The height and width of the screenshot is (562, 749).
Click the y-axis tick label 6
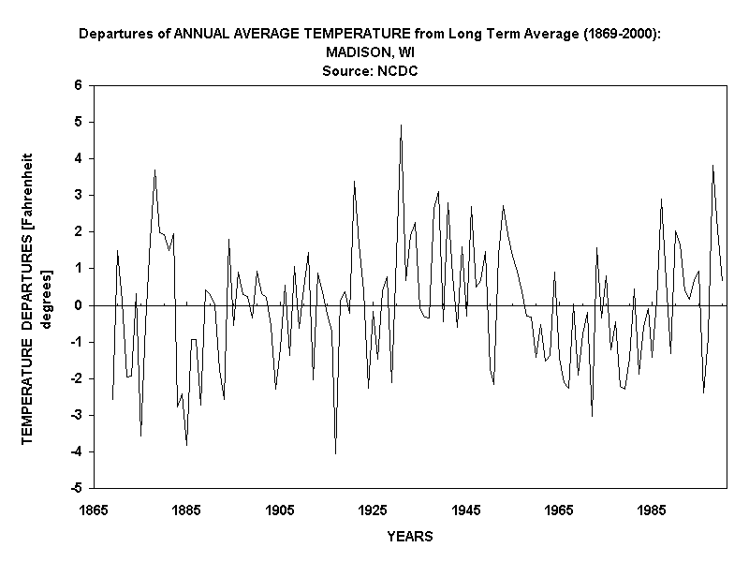(x=79, y=85)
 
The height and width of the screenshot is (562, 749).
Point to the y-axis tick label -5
(x=77, y=488)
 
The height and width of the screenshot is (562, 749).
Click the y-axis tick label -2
(x=77, y=378)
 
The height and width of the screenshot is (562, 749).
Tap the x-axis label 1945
(x=466, y=510)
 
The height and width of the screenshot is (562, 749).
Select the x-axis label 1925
(x=373, y=510)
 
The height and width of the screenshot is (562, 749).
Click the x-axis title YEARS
(x=409, y=537)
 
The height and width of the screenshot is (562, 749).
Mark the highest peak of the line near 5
(x=401, y=126)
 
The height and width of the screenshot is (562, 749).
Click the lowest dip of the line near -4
(x=335, y=453)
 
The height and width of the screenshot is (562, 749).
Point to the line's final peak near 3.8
(x=712, y=166)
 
